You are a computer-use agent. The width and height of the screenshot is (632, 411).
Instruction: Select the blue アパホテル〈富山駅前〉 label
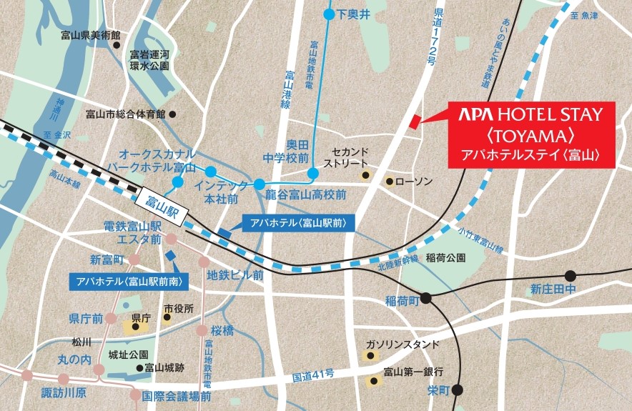click(x=298, y=223)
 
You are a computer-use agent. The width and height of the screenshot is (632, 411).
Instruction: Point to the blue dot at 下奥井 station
click(x=329, y=14)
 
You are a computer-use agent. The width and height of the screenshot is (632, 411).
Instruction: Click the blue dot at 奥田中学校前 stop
click(x=313, y=173)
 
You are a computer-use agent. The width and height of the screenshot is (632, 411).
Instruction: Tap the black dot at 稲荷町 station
click(x=426, y=299)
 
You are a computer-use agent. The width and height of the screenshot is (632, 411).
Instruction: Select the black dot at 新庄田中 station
click(x=570, y=276)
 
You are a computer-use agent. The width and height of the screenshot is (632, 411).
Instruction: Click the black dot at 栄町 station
click(x=458, y=390)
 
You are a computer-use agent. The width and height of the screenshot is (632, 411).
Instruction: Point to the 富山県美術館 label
click(x=91, y=35)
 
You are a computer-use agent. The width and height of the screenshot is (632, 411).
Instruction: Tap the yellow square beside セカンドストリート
click(x=365, y=175)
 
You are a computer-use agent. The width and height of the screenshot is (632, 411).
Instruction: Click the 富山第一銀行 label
click(x=413, y=372)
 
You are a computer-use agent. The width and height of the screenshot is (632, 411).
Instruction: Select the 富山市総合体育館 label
click(x=125, y=114)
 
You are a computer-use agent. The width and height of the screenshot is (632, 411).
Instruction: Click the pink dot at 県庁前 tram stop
click(x=111, y=318)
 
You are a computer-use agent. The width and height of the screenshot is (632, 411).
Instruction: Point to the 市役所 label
click(x=179, y=308)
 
